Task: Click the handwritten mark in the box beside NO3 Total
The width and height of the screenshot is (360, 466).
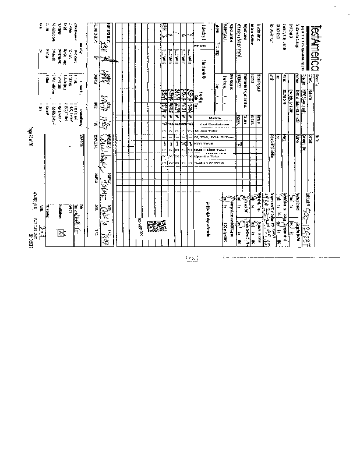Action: [x=239, y=142]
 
